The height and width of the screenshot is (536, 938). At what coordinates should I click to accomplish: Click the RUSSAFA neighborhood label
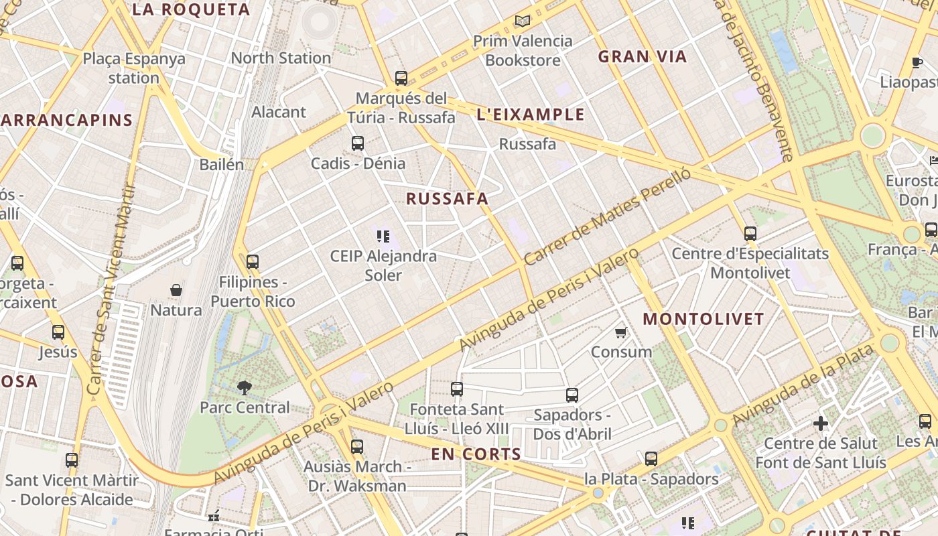coord(447,199)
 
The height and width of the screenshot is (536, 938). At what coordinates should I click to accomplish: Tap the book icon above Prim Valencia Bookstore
coord(522,21)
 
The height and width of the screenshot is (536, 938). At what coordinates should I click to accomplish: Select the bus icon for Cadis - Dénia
coord(358,143)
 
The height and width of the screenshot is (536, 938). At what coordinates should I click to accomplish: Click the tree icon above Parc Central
coord(245,387)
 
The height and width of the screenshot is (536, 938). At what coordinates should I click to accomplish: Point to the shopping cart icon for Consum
coord(621,332)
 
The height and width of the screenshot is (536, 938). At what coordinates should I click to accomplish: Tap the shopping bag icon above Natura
coord(176,290)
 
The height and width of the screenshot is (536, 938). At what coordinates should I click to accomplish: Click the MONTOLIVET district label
coord(703,319)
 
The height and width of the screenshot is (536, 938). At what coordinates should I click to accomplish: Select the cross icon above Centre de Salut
coord(820,423)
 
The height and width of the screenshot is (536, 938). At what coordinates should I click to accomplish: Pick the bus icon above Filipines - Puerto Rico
coord(253,262)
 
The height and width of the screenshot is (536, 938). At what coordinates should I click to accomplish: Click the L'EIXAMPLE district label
coord(531,115)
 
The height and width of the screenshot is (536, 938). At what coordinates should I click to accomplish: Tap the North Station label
coord(281,58)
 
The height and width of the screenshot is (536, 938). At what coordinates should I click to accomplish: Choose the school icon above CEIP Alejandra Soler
coord(383,236)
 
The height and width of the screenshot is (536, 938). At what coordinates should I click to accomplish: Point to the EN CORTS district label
coord(476,454)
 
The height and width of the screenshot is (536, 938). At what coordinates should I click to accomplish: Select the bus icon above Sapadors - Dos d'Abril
coord(572,395)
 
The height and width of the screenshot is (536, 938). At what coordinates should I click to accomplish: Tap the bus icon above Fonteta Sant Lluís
coord(457,389)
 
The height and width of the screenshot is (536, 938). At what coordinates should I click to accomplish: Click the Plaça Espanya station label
coord(134,68)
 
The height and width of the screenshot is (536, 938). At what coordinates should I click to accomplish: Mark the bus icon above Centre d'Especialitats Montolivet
coord(750,234)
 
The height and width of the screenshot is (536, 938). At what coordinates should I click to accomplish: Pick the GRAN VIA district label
coord(643,57)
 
